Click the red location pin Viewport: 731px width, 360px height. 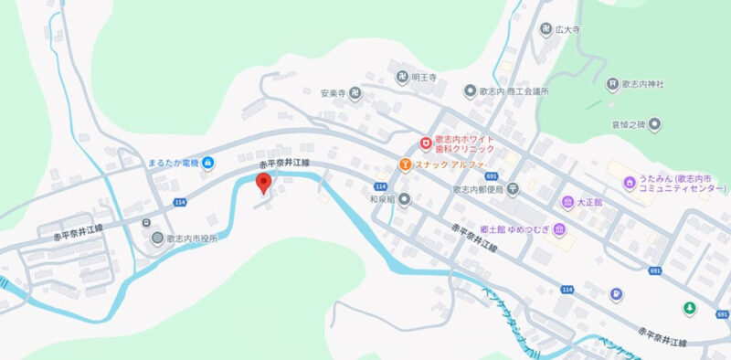click(x=264, y=183)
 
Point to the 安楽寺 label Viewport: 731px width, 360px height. click(x=331, y=93)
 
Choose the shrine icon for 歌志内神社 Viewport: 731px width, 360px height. click(x=611, y=85)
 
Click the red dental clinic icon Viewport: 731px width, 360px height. click(x=426, y=143)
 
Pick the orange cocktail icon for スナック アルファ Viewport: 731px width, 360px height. click(x=404, y=164)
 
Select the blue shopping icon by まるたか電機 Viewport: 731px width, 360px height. click(x=208, y=164)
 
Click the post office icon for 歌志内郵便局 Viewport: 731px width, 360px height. click(x=513, y=189)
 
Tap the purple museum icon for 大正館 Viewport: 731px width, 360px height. click(x=567, y=201)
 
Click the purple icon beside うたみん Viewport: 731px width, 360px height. click(x=629, y=183)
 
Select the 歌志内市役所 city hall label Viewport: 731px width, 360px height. click(x=194, y=238)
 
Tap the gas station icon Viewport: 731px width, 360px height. click(x=619, y=293)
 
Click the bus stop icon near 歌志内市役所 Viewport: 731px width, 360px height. click(x=145, y=222)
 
